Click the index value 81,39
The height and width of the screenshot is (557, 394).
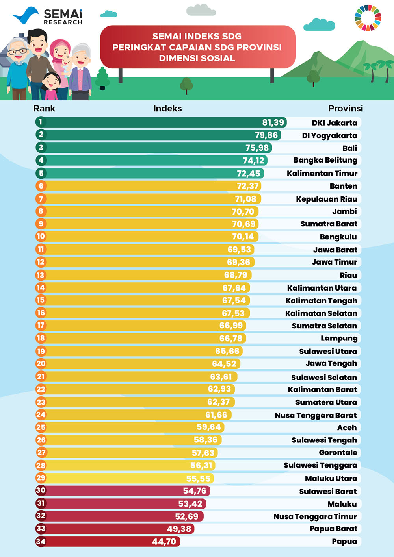273,122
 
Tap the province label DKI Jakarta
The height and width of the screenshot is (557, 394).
335,123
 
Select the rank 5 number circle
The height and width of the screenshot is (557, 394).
41,173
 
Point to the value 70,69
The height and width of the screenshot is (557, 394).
243,224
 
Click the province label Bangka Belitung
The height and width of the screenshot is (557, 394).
325,160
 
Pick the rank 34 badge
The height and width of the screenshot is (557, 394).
41,542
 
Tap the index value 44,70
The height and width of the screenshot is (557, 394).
164,542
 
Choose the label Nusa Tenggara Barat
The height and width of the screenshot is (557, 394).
316,415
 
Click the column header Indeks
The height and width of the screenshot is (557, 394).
167,109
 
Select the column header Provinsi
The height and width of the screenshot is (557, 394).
346,109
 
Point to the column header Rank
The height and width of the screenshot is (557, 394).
44,109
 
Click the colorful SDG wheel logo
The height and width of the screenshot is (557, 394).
368,18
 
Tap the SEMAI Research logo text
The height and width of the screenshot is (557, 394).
63,17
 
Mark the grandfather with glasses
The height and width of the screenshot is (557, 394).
17,67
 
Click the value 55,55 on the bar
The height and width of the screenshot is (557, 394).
198,479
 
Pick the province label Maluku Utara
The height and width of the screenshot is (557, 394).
331,479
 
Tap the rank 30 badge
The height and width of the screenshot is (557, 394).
41,490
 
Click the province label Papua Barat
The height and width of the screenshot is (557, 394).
333,529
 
